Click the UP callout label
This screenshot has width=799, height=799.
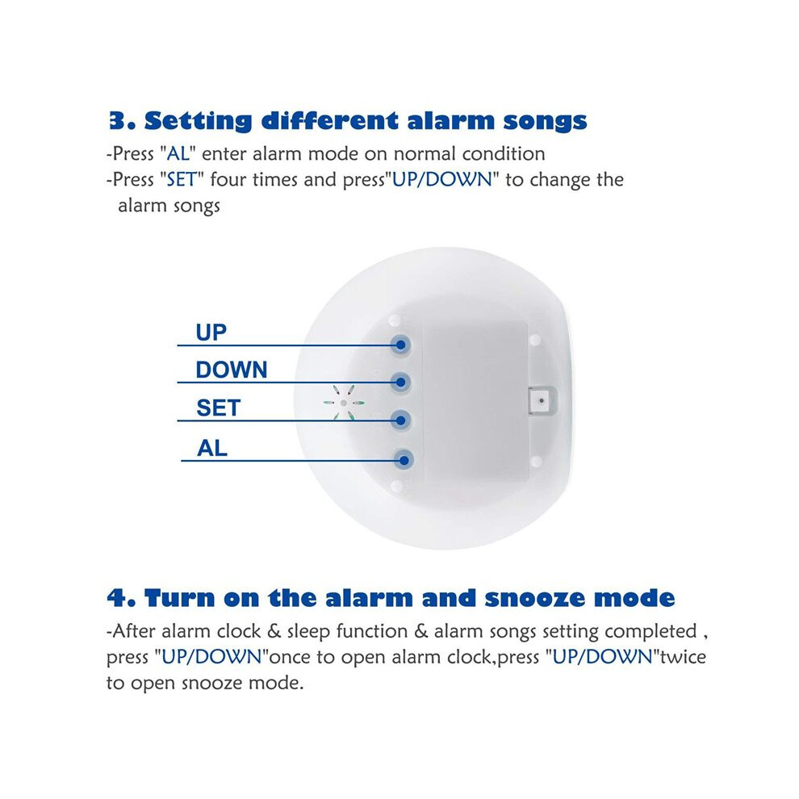(211, 333)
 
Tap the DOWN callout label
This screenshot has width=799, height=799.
(232, 370)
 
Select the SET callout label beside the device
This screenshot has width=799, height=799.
(218, 408)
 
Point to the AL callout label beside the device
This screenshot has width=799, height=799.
(212, 449)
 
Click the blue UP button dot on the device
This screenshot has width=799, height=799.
(401, 345)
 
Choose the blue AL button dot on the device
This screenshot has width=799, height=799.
(404, 461)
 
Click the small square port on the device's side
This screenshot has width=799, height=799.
(542, 401)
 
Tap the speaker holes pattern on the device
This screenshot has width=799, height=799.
(344, 403)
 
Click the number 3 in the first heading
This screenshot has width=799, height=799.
(117, 121)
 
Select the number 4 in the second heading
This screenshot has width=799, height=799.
(117, 598)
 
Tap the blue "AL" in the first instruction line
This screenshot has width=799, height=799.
(178, 154)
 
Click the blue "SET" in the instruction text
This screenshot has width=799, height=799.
(182, 180)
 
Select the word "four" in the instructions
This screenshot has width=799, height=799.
(228, 180)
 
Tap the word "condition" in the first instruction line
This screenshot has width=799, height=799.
(504, 154)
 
